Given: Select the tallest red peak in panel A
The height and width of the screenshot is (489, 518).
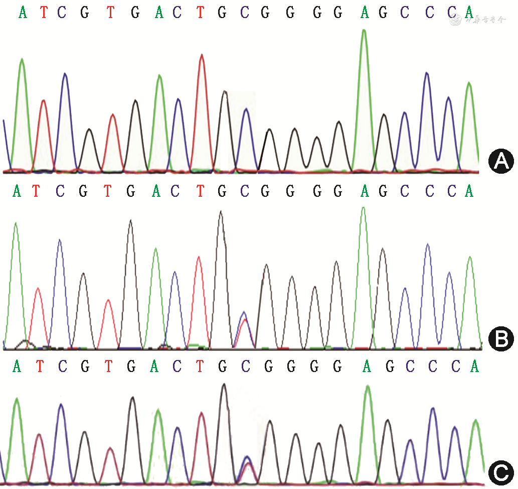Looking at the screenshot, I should pos(202,56).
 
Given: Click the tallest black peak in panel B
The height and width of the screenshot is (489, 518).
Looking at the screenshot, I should pos(221,213).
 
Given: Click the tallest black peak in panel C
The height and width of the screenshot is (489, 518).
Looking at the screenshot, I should pos(224,386).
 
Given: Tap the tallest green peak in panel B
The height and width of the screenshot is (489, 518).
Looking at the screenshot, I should pos(363,209).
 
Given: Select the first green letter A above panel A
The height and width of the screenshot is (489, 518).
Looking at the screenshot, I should pos(23,12).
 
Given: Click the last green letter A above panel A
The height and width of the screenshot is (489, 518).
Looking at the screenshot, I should pos(469,12).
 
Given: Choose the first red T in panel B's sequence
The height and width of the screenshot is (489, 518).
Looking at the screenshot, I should pos(36,191).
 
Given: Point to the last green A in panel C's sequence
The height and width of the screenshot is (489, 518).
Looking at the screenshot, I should pos(474,367).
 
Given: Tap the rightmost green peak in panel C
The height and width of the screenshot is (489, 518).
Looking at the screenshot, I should pos(475,422).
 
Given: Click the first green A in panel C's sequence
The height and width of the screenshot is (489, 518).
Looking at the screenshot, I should pos(17,367).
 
